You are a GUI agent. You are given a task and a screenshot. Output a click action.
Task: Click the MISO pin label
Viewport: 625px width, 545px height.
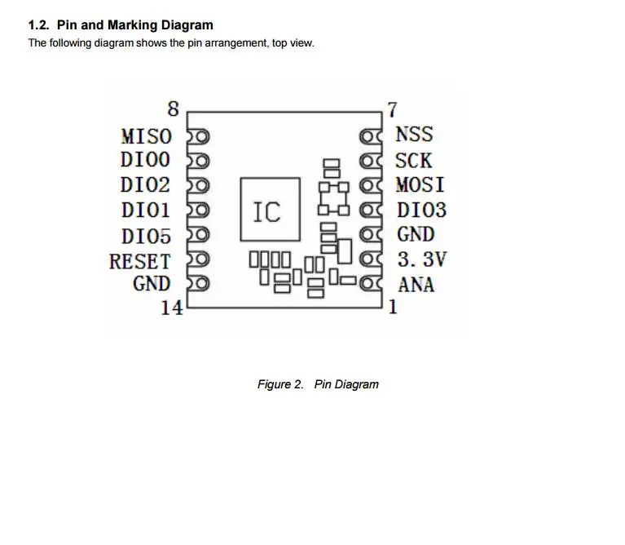click(x=147, y=135)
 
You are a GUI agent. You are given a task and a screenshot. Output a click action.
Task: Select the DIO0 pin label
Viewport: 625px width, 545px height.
click(x=147, y=160)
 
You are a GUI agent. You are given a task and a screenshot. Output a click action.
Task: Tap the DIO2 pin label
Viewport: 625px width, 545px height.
click(x=147, y=185)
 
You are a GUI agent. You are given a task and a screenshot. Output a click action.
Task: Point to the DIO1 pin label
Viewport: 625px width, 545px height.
click(x=147, y=210)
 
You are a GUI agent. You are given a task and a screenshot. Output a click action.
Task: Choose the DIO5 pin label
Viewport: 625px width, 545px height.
click(x=147, y=237)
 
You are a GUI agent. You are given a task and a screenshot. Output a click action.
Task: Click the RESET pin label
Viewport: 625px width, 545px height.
click(x=140, y=262)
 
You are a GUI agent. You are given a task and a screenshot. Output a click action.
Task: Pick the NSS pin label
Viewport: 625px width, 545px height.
click(x=414, y=135)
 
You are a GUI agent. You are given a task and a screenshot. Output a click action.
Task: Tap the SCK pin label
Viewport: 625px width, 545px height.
click(x=414, y=160)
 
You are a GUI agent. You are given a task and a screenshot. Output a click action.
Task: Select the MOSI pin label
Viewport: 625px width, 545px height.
click(x=420, y=185)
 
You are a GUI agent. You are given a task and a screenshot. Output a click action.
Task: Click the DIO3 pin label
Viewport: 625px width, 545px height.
click(x=421, y=210)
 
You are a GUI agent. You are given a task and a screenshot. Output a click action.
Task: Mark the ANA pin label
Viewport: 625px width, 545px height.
click(x=416, y=286)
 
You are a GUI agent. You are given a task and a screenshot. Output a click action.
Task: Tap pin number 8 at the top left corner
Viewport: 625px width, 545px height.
click(x=173, y=109)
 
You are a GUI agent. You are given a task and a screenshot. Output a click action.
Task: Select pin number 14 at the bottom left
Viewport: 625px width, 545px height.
click(x=171, y=308)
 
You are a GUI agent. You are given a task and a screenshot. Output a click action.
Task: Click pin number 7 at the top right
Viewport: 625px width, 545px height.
click(x=392, y=109)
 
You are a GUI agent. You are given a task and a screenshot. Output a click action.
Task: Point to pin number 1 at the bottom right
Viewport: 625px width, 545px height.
click(x=392, y=308)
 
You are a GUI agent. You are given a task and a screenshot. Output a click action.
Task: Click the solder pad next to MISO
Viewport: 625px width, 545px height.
click(x=199, y=135)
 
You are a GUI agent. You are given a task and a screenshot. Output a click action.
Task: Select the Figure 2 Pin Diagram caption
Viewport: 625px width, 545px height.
click(x=318, y=384)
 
